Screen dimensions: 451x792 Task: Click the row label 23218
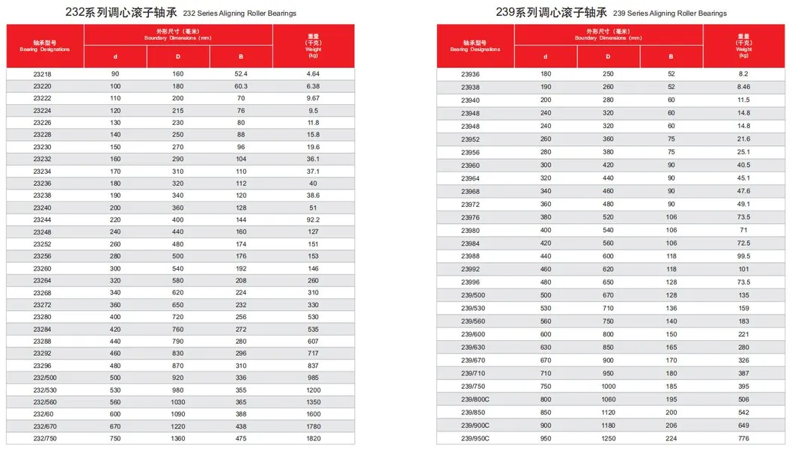42,74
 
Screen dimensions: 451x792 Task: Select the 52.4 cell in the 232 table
241,74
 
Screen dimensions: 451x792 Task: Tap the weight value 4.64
313,74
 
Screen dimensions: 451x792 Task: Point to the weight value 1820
313,439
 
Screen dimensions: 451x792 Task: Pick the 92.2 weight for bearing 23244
313,220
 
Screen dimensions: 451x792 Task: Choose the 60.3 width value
241,86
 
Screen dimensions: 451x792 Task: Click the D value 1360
177,439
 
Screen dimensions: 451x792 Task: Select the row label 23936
470,74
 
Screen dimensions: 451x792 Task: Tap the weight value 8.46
743,87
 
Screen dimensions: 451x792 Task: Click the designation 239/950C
475,438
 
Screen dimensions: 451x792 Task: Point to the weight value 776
743,438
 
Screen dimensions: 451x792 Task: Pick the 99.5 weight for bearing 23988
743,256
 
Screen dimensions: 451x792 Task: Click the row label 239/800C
475,399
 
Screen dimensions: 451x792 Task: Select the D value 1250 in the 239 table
607,438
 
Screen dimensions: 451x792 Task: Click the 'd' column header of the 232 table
115,57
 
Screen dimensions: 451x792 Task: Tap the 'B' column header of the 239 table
671,57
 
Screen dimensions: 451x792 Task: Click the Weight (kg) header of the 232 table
314,46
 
